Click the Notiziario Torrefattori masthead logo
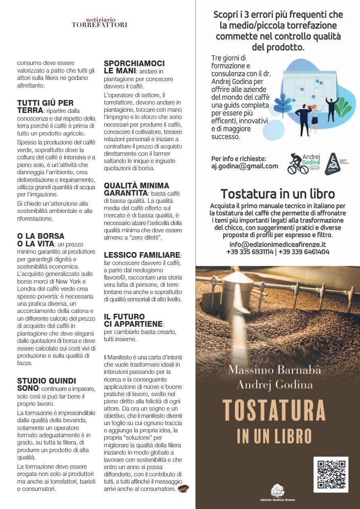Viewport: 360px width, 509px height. [99, 22]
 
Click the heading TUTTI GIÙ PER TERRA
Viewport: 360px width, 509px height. [45, 106]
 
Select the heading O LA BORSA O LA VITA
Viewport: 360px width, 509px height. [40, 240]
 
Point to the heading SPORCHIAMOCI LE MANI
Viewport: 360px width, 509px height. [134, 67]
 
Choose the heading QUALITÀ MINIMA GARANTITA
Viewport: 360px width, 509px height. [136, 189]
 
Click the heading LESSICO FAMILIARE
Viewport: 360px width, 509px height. [142, 255]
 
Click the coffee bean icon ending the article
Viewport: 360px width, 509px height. [184, 488]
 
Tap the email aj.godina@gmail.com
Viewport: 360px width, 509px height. [245, 166]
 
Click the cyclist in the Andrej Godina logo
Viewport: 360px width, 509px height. [298, 165]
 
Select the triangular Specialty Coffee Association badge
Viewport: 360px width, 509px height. [334, 164]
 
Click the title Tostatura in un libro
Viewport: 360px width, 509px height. [278, 194]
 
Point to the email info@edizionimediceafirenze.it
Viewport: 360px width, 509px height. [278, 244]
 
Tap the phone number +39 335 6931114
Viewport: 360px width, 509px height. [250, 252]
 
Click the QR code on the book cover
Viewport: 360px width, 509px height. [331, 474]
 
